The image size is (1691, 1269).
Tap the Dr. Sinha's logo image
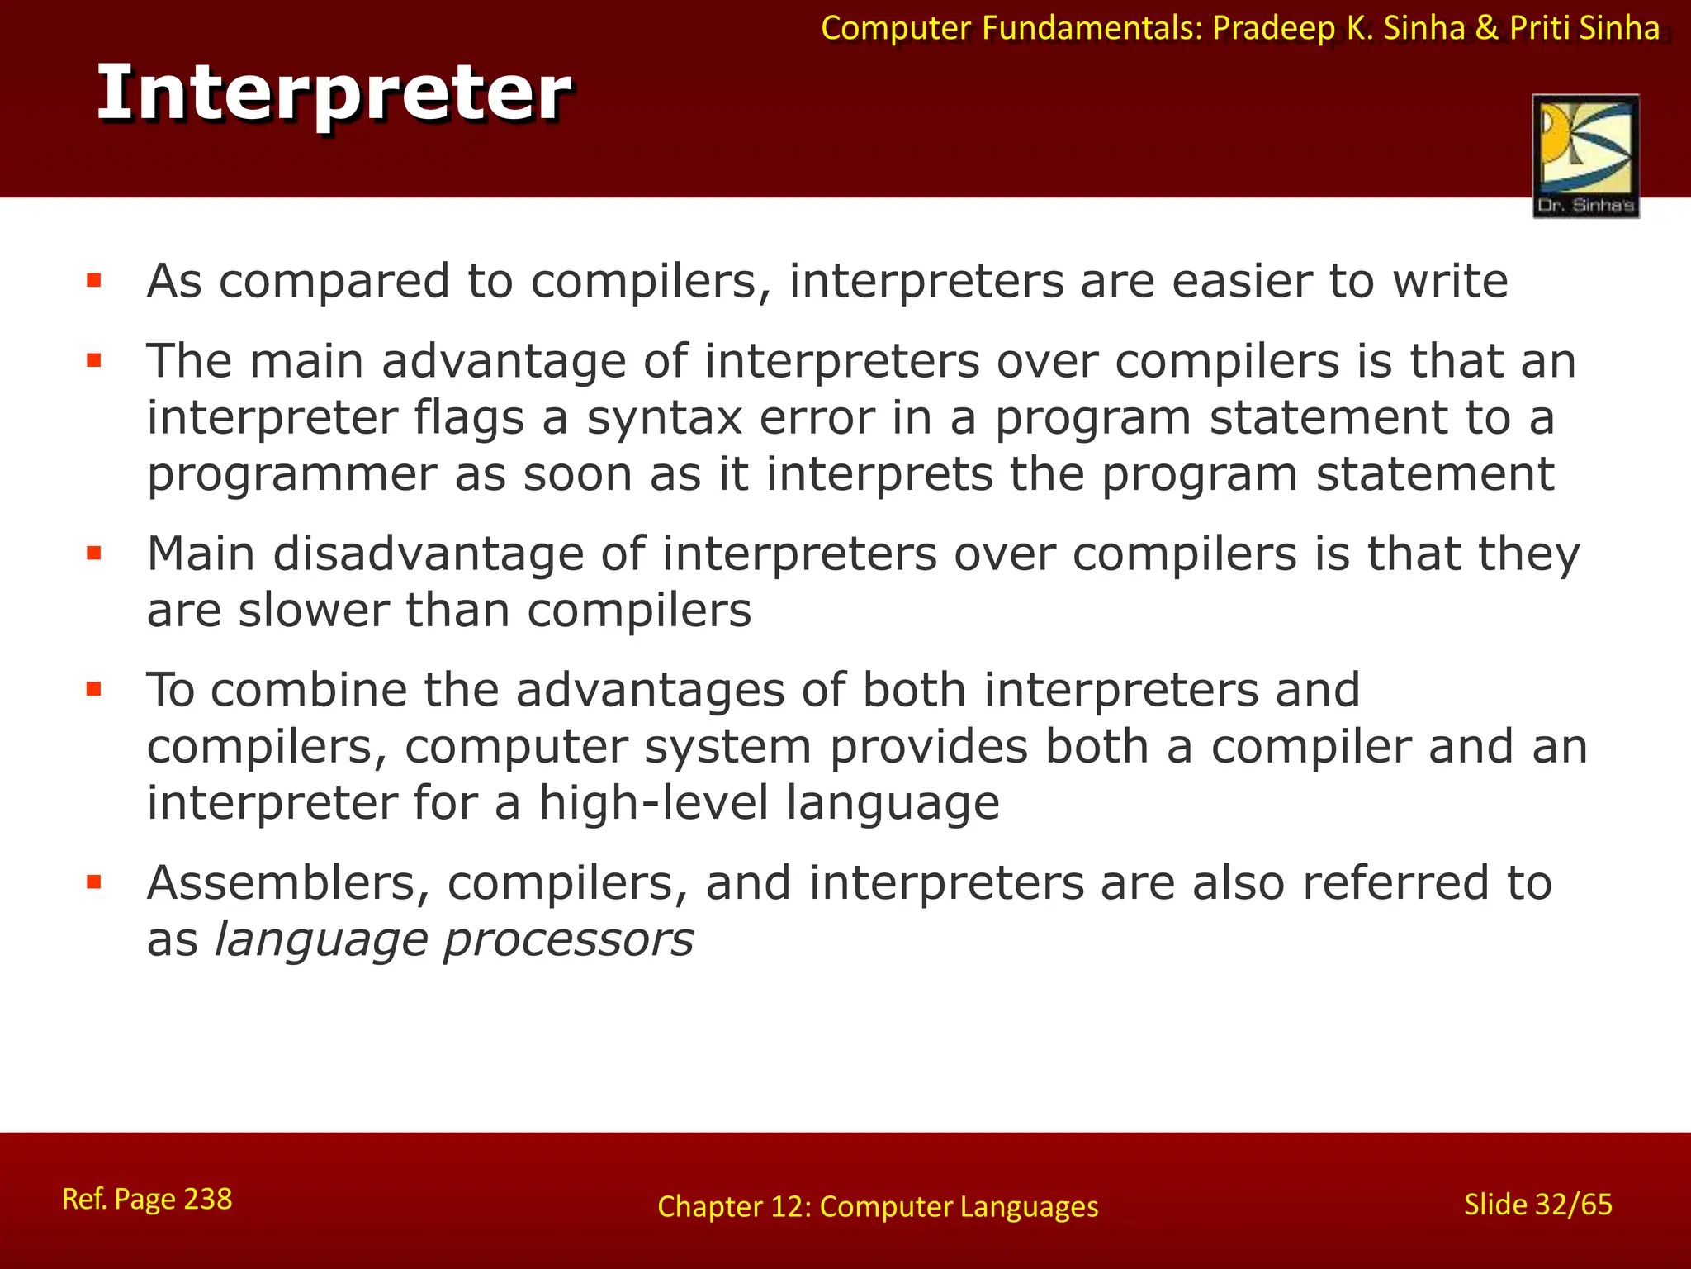click(1585, 156)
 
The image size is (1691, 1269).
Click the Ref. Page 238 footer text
click(147, 1199)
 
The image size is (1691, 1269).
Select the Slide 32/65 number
click(1537, 1205)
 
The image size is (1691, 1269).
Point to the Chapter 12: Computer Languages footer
click(878, 1206)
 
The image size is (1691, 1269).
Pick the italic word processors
click(568, 939)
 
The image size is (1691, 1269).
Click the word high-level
click(653, 802)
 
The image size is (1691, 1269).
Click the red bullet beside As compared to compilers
click(94, 281)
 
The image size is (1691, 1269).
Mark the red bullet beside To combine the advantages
click(94, 689)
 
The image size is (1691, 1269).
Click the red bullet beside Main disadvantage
click(94, 553)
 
